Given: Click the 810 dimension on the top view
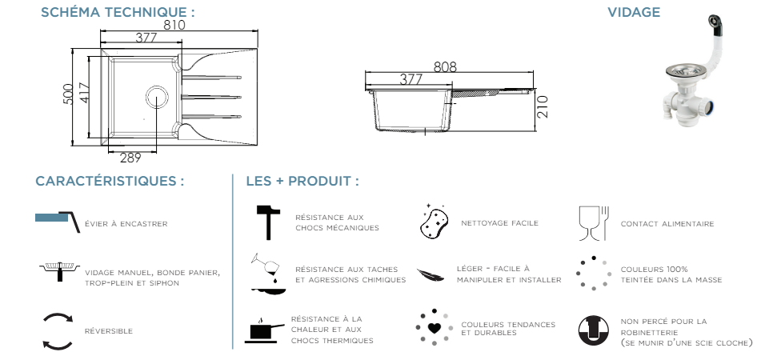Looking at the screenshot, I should click(174, 25).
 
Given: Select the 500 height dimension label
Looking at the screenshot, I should click(69, 94).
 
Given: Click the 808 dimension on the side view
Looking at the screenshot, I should click(445, 67).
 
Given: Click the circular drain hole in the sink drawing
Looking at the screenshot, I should click(157, 97).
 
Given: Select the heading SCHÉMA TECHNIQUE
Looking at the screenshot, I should click(118, 12).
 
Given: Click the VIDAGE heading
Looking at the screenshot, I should click(634, 12).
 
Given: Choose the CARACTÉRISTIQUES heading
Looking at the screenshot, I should click(110, 181).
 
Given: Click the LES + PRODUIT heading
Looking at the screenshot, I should click(302, 181).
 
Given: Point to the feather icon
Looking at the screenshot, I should click(432, 274).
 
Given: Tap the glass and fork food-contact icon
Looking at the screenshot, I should click(593, 223).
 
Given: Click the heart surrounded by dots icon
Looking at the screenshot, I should click(434, 326).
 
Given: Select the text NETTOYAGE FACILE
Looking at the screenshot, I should click(499, 223).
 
